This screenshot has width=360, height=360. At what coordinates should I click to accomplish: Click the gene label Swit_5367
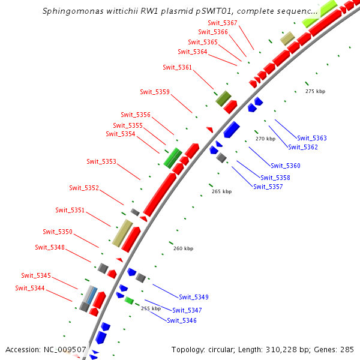point(222,23)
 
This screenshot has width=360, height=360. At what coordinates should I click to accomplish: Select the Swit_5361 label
point(177,67)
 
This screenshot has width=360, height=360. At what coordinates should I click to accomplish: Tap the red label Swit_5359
point(155,92)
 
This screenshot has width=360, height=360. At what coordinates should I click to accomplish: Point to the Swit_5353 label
point(101,161)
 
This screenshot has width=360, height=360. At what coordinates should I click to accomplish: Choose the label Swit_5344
point(30,289)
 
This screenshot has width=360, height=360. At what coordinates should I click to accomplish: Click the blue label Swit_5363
point(312,138)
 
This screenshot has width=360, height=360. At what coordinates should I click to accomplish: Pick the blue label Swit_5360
point(286,166)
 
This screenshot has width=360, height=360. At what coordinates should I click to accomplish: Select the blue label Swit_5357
point(268,187)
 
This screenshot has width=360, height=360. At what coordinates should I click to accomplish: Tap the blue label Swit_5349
point(194,297)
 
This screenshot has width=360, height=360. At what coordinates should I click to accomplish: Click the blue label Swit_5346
point(182,320)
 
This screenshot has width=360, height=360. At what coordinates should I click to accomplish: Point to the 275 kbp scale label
point(315,91)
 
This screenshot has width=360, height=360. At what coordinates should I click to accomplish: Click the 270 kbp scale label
point(265,139)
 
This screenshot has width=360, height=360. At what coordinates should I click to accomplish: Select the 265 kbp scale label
point(221,192)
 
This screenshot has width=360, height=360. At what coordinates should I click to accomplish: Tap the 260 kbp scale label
point(184,248)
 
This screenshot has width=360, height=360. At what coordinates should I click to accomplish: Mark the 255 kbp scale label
point(151,308)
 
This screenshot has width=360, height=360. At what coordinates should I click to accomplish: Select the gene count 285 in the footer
point(348,349)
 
